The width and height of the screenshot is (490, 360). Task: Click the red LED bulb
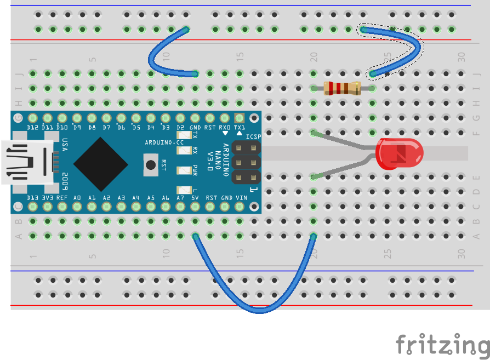[400, 153]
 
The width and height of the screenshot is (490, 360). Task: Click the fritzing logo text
[442, 345]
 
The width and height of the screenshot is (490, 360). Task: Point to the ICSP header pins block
[246, 162]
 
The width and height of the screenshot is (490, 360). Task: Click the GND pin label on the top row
[195, 127]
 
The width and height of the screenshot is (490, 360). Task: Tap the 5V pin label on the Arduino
[195, 197]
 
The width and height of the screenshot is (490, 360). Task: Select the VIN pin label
[241, 197]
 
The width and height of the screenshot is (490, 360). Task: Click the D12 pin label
[33, 127]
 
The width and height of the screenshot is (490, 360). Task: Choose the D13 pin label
[33, 197]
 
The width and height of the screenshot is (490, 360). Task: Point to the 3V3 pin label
[48, 197]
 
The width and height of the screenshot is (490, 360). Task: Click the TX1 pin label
[240, 127]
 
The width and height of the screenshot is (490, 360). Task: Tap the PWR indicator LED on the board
[181, 168]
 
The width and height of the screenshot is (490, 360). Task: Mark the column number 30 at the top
[461, 56]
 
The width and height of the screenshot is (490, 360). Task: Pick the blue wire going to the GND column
[159, 60]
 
